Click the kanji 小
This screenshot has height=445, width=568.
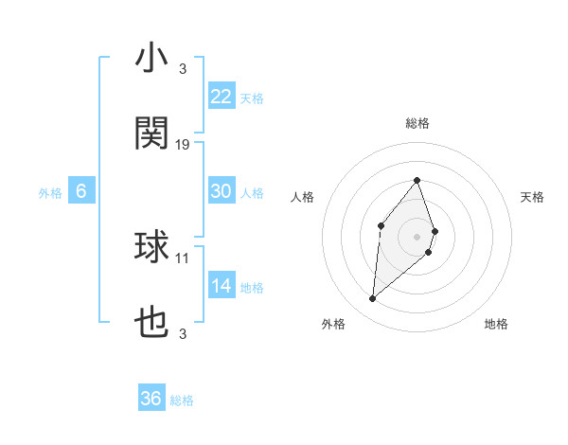[x=151, y=60]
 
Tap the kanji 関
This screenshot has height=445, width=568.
[x=151, y=133]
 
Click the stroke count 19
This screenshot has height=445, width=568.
[x=183, y=145]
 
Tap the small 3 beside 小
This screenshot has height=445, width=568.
[x=183, y=69]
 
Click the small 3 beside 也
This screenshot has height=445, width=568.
[x=183, y=333]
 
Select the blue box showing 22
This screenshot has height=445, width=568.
[x=221, y=97]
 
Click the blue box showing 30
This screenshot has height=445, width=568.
[x=221, y=191]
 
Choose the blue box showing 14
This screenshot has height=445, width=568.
[x=221, y=286]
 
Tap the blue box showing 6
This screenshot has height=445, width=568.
[x=81, y=191]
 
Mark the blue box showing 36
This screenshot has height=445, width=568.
[x=151, y=399]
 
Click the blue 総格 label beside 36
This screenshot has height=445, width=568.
[x=182, y=400]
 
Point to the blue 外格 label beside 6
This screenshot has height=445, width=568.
[x=50, y=193]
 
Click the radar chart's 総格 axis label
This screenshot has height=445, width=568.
[x=417, y=123]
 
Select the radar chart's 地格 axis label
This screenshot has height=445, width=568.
[x=496, y=324]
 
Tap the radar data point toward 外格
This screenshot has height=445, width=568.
[x=372, y=299]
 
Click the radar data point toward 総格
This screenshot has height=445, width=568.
[x=417, y=180]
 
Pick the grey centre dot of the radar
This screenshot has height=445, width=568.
[x=417, y=236]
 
